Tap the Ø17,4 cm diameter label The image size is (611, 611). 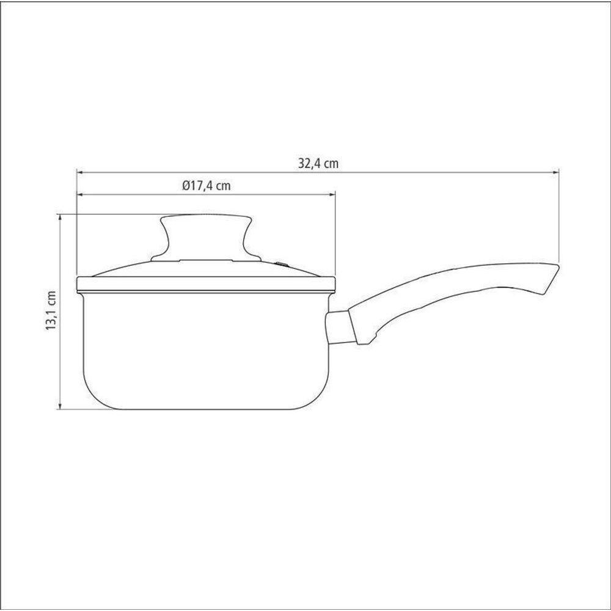point(206,186)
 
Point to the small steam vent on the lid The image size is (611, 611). point(282,264)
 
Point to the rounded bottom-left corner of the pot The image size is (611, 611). point(92,397)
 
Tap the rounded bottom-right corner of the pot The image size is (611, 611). point(320,397)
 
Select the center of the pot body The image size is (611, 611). point(206,348)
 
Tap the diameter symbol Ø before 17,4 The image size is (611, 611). point(186,186)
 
